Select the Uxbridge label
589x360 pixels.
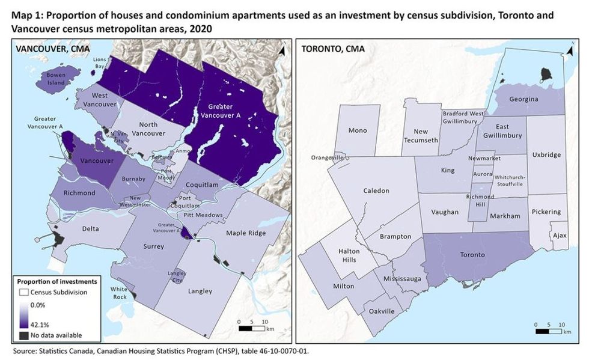click(x=546, y=154)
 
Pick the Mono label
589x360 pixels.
click(x=358, y=130)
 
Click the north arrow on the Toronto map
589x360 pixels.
click(x=566, y=54)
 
